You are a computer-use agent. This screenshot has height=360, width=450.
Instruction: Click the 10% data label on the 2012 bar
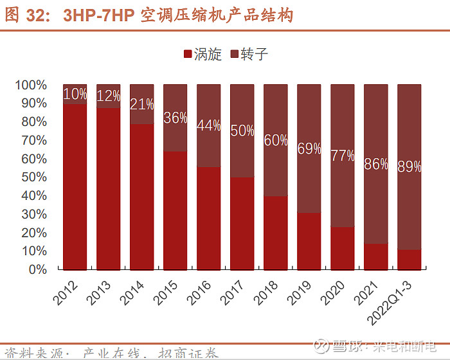[x=75, y=94]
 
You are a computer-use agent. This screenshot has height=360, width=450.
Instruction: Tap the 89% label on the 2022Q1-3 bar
[x=409, y=166]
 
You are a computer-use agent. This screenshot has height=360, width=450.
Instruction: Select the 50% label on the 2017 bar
[x=242, y=131]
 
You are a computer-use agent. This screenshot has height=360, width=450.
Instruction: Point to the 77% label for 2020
[x=343, y=156]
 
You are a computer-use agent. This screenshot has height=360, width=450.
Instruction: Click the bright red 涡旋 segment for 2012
[x=75, y=186]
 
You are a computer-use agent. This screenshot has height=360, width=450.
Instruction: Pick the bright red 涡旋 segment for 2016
[x=209, y=219]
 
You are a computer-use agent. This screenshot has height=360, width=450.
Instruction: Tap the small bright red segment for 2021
[x=375, y=256]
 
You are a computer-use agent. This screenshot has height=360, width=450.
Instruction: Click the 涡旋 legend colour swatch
[x=188, y=55]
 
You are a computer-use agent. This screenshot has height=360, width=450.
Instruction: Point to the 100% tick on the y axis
[x=31, y=85]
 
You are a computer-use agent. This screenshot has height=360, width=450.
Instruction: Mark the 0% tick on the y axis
[x=37, y=269]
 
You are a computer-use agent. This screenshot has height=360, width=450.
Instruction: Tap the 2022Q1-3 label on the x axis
[x=396, y=302]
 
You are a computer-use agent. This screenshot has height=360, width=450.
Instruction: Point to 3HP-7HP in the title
[x=98, y=15]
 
